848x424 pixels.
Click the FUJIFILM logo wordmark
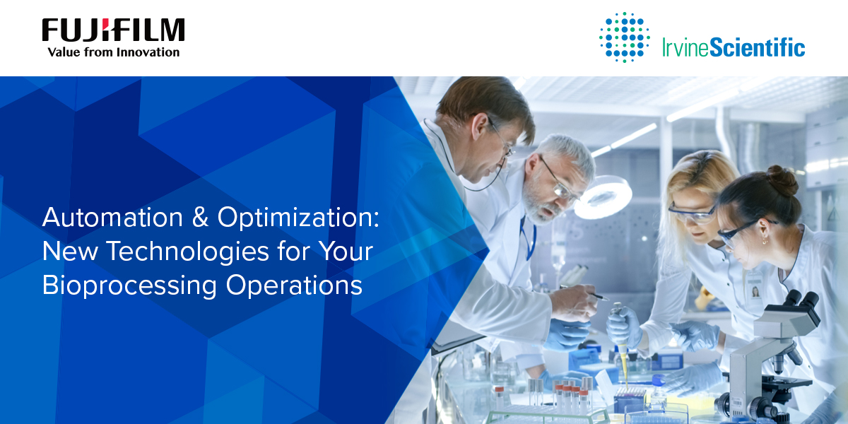(113, 30)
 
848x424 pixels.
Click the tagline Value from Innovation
(113, 52)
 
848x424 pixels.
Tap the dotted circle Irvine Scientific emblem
(624, 37)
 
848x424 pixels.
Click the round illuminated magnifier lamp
(602, 197)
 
